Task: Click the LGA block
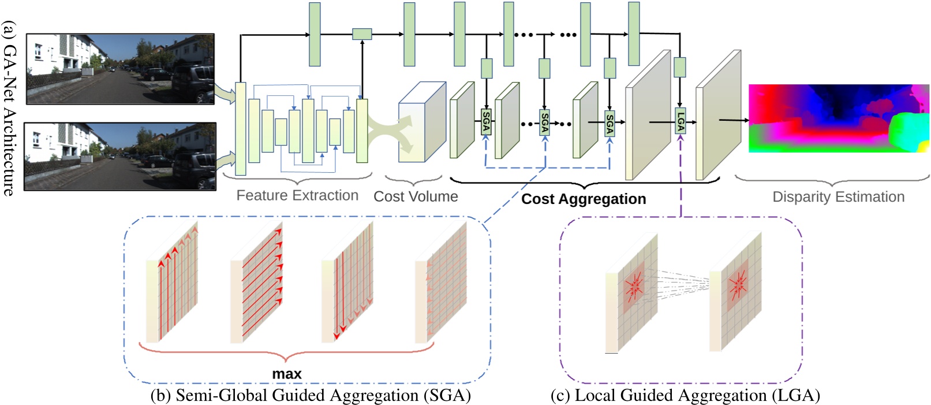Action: click(x=681, y=121)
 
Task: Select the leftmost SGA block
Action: click(x=486, y=122)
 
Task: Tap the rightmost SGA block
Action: click(x=610, y=123)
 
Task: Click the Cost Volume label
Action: click(x=416, y=196)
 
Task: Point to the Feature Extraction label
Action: click(x=297, y=195)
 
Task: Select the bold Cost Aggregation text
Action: click(x=584, y=199)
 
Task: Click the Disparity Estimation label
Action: click(x=838, y=197)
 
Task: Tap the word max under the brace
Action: click(x=286, y=374)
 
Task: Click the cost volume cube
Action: click(x=421, y=122)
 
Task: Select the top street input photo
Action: click(x=120, y=69)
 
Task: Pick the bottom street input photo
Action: click(x=120, y=157)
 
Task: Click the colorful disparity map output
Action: click(x=838, y=118)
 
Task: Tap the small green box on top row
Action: click(x=362, y=34)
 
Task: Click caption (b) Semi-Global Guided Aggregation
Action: click(x=311, y=395)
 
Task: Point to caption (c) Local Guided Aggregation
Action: click(x=685, y=395)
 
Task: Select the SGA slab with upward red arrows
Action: click(x=171, y=283)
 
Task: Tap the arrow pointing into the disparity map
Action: click(x=733, y=120)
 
